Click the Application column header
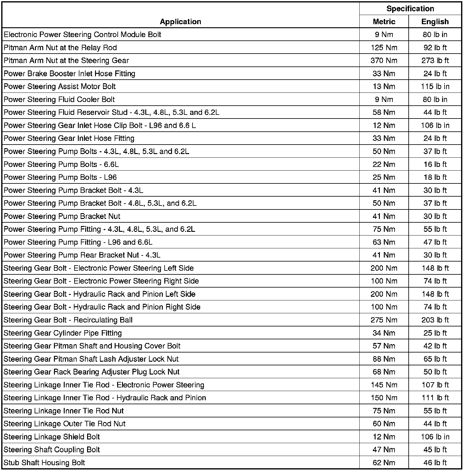point(180,22)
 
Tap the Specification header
point(410,9)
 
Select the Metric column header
point(384,22)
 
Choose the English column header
point(435,22)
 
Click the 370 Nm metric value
point(384,61)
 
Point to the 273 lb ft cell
point(435,61)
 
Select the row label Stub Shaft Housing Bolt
point(44,462)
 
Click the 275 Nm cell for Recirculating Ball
point(384,320)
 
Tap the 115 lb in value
point(435,87)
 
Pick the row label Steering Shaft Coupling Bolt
point(52,450)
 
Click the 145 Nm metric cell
point(384,385)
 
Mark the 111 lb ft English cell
point(435,398)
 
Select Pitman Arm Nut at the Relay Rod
point(60,48)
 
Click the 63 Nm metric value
point(384,242)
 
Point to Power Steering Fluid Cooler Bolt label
point(59,100)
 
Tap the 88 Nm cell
point(384,359)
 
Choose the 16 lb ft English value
point(435,164)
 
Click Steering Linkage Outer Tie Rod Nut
point(65,424)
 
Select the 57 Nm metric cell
point(384,346)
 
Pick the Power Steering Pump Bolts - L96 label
point(60,177)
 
